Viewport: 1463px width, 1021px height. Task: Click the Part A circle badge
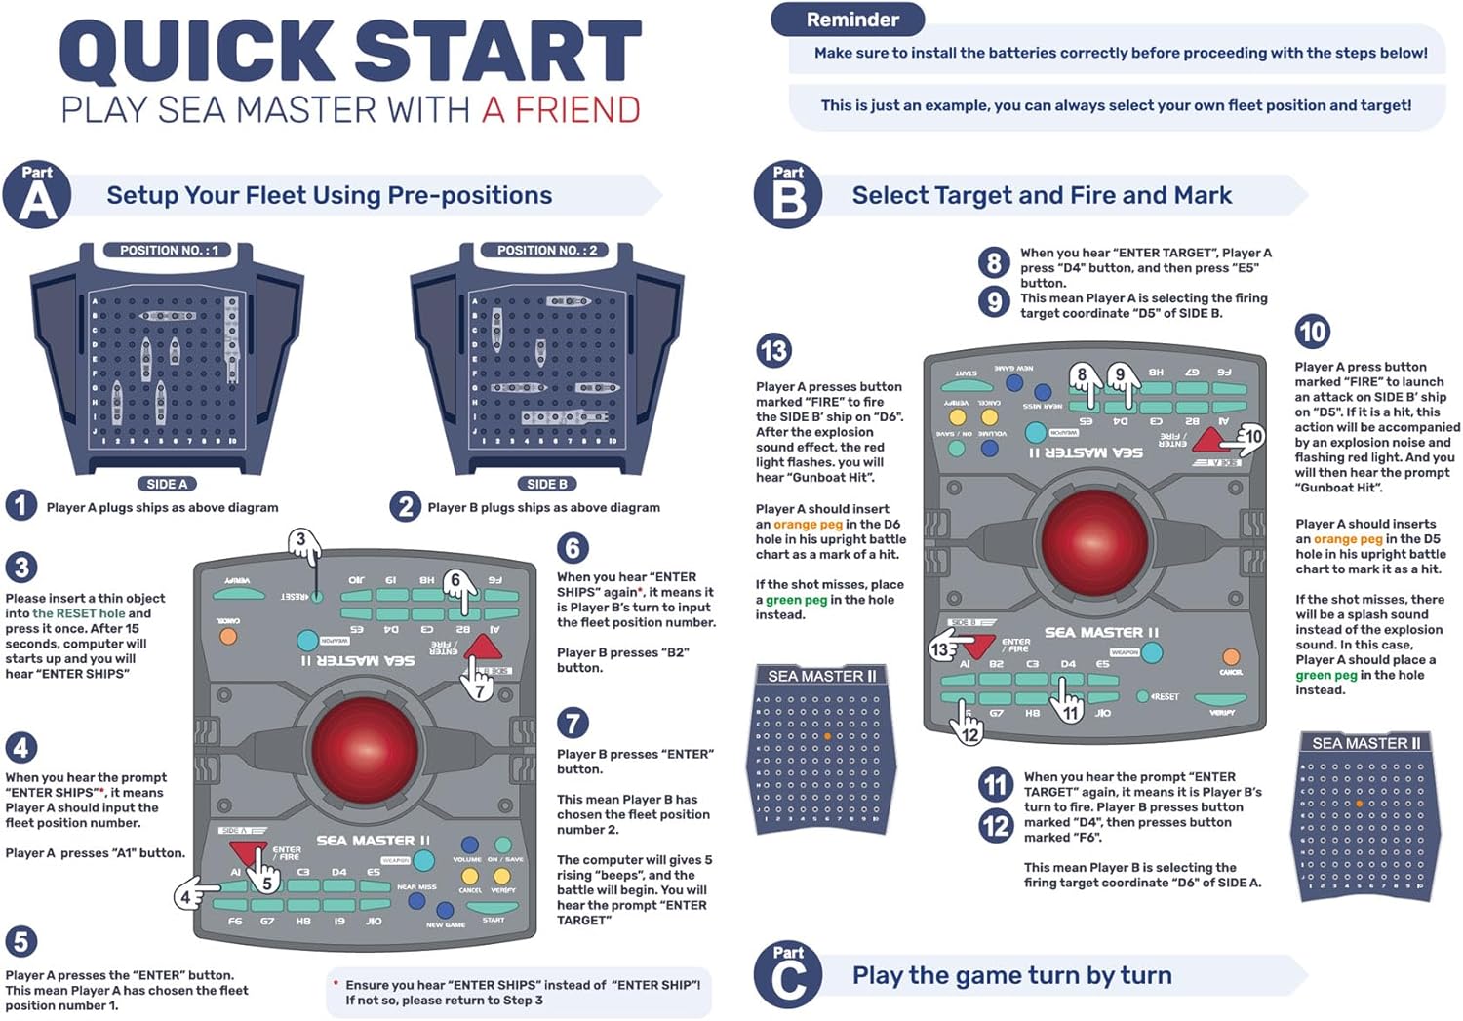(37, 195)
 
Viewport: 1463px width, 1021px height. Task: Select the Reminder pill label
(851, 20)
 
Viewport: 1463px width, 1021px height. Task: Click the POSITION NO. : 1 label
(169, 251)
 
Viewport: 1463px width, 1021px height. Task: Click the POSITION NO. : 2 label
(546, 251)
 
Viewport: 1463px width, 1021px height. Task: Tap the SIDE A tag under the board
(167, 484)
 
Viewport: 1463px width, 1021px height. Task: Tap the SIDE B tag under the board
(546, 484)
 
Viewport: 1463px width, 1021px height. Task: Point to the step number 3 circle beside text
(21, 567)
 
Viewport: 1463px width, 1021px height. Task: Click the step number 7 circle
(573, 723)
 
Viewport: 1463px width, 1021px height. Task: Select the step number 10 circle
(1312, 332)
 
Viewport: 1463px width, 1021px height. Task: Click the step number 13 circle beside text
(773, 350)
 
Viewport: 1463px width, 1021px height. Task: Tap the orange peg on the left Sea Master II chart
(827, 736)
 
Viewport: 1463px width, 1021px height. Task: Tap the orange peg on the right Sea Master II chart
(1359, 804)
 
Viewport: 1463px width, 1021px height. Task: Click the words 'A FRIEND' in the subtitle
(561, 110)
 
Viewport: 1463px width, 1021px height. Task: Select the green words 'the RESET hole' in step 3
(79, 613)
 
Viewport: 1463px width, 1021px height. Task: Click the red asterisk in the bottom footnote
(336, 984)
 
